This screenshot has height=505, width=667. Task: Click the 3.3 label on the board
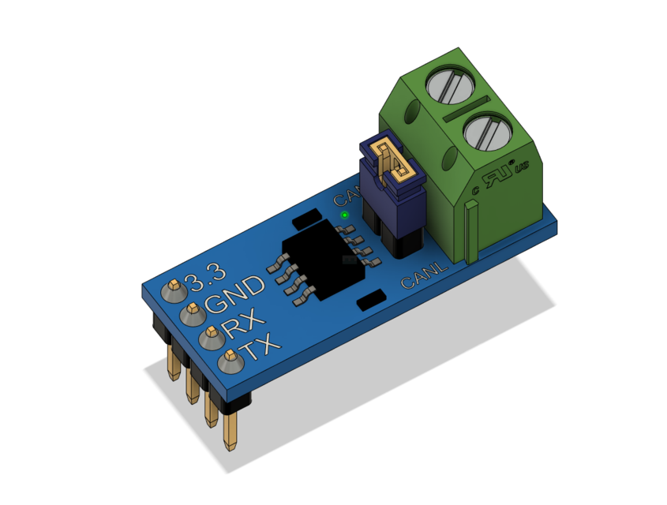(x=205, y=275)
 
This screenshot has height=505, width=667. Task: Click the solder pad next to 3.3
(x=173, y=290)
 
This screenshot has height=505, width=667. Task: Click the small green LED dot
(x=344, y=215)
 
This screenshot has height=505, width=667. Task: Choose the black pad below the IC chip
(x=371, y=300)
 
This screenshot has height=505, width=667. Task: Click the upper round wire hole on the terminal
(x=412, y=112)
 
